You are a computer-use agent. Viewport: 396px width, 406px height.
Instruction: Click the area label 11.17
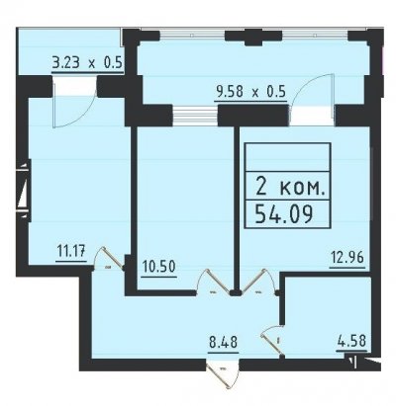71,253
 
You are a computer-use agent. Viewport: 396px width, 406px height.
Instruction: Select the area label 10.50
159,267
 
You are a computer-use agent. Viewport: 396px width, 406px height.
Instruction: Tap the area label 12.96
347,257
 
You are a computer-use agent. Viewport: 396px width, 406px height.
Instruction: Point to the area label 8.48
223,342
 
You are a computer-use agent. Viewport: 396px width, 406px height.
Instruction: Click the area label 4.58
351,341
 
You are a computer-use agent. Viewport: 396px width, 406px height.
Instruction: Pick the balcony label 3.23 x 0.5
88,62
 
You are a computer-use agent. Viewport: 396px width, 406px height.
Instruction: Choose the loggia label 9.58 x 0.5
250,92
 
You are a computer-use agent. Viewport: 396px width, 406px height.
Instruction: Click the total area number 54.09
284,214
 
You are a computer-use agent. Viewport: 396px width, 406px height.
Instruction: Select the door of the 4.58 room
272,341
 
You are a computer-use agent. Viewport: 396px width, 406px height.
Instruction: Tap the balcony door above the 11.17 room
74,103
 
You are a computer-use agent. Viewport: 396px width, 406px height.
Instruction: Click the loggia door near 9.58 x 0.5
313,99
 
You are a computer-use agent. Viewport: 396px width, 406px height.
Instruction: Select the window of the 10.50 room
195,116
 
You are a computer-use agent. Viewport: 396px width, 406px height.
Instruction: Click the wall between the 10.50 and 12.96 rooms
237,209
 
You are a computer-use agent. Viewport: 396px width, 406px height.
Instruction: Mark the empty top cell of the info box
288,157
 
